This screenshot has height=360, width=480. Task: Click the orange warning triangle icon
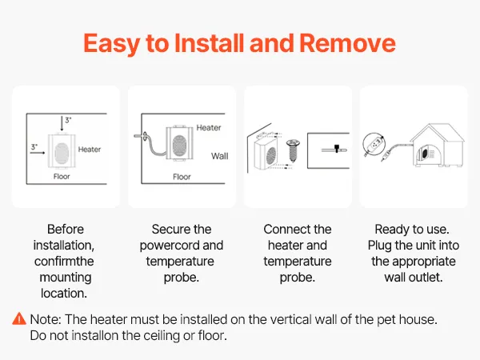pos(19,318)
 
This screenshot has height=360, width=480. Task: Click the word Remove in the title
pos(347,43)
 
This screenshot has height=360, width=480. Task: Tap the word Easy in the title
pos(112,44)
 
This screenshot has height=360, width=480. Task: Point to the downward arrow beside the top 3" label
pos(62,124)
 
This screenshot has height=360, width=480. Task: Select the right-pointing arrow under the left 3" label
pos(38,152)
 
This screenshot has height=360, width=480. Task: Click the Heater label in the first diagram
pos(90,150)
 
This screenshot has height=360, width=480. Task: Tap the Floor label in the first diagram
pos(62,176)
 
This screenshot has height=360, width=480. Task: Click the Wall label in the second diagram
pos(219,156)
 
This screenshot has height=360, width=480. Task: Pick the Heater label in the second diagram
pos(209,127)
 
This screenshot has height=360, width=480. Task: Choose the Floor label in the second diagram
pos(182,177)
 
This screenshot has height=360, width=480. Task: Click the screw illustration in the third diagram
pos(293,150)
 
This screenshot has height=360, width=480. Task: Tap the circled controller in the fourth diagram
pos(374,144)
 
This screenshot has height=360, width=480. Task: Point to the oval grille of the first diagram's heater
pos(62,153)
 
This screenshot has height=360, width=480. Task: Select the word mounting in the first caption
pos(66,278)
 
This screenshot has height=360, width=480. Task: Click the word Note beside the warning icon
pos(46,319)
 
